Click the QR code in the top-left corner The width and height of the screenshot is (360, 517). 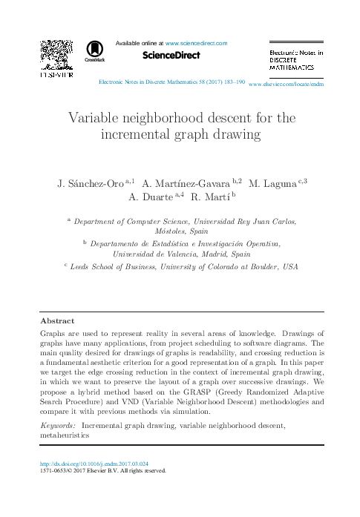(x=56, y=53)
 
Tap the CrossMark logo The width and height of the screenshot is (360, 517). (x=95, y=50)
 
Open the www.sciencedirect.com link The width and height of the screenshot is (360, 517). (x=196, y=43)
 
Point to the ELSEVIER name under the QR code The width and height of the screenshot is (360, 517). (x=56, y=75)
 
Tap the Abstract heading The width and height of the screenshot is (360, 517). (x=57, y=321)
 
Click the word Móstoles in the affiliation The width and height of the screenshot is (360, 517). (x=165, y=231)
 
